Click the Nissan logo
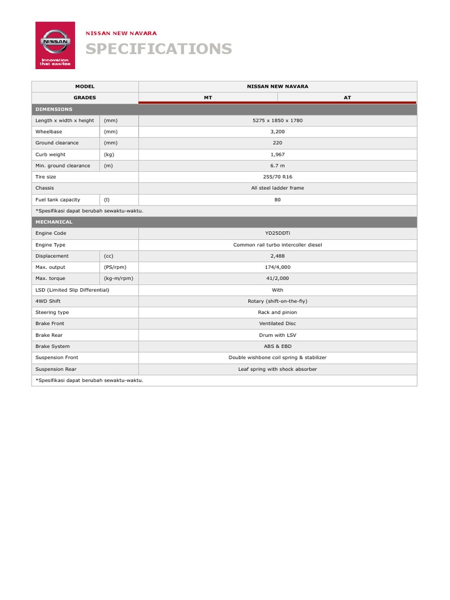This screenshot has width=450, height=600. pos(55,45)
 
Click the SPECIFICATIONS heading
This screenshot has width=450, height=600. pos(159,49)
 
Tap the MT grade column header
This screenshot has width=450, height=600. pos(207,98)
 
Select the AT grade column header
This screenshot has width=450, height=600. pos(347,98)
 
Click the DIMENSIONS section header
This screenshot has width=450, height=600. pos(54,109)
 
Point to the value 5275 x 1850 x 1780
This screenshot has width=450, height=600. pos(277,120)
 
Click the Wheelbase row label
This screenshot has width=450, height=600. pos(49,132)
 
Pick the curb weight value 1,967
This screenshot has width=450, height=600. pos(277,154)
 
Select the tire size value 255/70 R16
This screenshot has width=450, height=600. pos(277,177)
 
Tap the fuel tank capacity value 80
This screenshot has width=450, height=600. pos(277,199)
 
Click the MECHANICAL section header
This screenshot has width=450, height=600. pos(54,222)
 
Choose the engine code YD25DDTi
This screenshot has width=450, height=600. pos(277,233)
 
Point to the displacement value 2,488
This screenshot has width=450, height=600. pos(277,256)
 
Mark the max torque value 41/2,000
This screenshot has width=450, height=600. pos(277,278)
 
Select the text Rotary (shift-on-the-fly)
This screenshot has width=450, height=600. pos(277,301)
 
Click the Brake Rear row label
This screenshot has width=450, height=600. pos(50,335)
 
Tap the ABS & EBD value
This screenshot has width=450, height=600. pos(277,346)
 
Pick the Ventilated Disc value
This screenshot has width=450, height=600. pos(277,323)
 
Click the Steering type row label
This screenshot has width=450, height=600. pos(52,312)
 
